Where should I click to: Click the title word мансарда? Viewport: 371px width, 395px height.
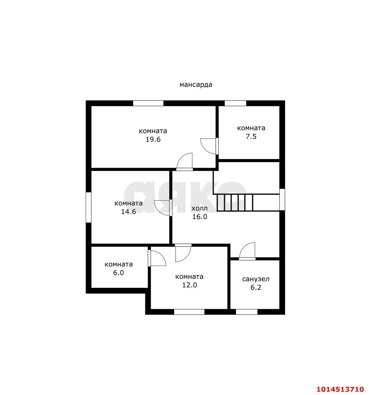[196, 85]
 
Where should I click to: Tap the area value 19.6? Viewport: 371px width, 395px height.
[153, 139]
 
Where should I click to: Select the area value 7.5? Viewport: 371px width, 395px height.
[251, 136]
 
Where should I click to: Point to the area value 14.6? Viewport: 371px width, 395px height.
[128, 211]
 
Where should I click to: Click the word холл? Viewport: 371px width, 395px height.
[199, 208]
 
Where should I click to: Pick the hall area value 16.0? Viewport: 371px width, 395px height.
[199, 217]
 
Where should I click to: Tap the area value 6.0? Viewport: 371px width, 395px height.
[118, 272]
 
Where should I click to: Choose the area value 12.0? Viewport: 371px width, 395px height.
[190, 285]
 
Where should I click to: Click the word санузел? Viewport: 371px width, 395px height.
[256, 279]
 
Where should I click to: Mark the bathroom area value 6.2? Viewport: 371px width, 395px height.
[256, 287]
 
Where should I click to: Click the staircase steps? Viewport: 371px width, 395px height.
[235, 202]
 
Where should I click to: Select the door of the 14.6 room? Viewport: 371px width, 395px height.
[163, 208]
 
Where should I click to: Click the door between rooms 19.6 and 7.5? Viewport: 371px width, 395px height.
[209, 146]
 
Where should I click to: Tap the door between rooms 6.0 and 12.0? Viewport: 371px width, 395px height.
[157, 258]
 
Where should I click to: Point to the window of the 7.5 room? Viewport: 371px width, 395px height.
[235, 103]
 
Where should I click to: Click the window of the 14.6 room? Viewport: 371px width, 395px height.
[89, 207]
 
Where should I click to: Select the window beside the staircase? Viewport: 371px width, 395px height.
[282, 199]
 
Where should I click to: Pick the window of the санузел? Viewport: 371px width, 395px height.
[247, 312]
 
